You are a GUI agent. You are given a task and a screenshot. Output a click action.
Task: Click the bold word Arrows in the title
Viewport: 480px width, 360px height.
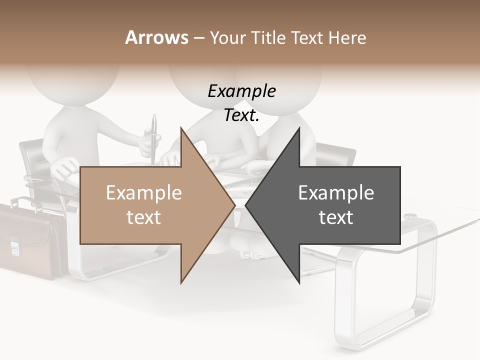point(156,37)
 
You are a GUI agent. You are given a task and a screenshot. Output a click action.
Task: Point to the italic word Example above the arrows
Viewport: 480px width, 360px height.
point(241,91)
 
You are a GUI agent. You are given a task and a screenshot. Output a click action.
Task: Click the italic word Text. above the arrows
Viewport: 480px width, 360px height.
point(241,115)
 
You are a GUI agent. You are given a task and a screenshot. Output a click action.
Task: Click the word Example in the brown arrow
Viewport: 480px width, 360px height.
point(143,193)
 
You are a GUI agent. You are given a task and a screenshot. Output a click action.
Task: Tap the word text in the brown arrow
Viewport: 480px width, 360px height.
point(143,217)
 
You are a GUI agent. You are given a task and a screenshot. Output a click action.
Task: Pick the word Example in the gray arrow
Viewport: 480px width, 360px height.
point(336,193)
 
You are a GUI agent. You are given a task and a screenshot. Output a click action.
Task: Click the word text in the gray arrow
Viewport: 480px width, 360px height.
point(336,217)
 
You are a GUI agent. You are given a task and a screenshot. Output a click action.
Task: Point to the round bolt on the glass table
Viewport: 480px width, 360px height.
point(410,217)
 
